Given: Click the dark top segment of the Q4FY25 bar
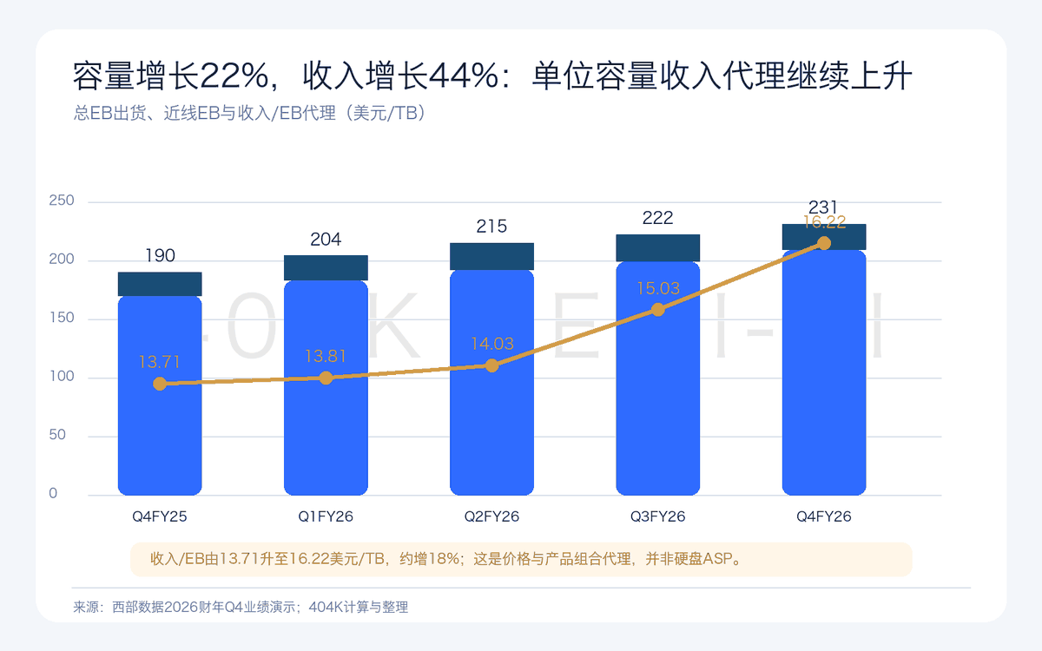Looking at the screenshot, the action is click(160, 284).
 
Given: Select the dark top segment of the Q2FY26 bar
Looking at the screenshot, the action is click(491, 256).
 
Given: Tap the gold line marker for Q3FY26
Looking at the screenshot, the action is click(658, 310).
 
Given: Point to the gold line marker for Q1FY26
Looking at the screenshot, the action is click(326, 378).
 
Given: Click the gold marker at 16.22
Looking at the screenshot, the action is click(824, 243).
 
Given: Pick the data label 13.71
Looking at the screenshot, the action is click(159, 362).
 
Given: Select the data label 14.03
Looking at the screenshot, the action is click(491, 344).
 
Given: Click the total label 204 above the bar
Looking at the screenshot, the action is click(326, 240).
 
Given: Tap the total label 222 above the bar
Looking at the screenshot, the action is click(658, 218).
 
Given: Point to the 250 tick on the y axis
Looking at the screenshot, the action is click(62, 201).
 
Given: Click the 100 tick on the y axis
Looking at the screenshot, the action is click(62, 376).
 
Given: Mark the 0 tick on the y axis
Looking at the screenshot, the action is click(53, 493).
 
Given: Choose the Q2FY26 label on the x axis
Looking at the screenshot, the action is click(491, 516).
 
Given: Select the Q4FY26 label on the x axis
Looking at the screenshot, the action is click(824, 516).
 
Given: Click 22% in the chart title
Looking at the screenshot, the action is click(234, 76).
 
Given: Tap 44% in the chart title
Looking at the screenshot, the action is click(464, 76).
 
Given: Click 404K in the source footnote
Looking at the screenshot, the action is click(326, 607).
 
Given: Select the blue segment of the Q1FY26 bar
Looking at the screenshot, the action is click(326, 388).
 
